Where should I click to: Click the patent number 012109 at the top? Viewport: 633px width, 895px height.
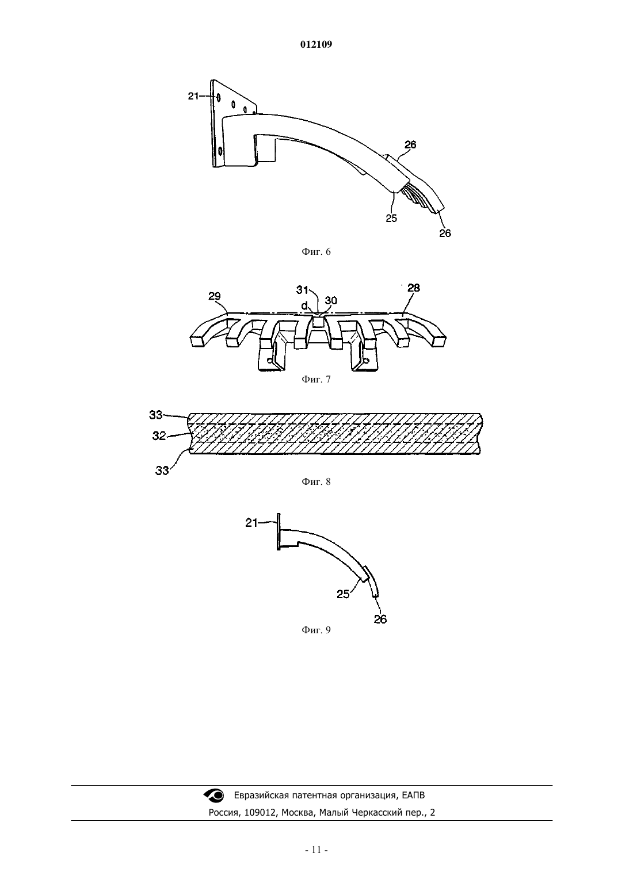pyautogui.click(x=316, y=44)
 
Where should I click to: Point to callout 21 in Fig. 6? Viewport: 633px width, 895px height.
pyautogui.click(x=193, y=96)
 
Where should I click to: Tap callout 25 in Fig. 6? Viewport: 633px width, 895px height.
pyautogui.click(x=391, y=218)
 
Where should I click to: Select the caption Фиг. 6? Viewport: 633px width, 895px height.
pyautogui.click(x=316, y=252)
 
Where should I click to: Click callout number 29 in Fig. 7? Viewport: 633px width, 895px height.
pyautogui.click(x=215, y=296)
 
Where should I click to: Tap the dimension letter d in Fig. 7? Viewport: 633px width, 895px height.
pyautogui.click(x=304, y=305)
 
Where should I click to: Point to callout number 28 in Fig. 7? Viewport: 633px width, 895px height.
pyautogui.click(x=414, y=288)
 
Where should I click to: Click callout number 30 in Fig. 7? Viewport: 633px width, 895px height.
pyautogui.click(x=331, y=300)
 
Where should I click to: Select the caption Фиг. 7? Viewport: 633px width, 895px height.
pyautogui.click(x=316, y=379)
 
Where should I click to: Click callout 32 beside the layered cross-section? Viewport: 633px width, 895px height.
pyautogui.click(x=159, y=436)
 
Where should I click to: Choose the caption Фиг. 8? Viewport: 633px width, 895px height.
pyautogui.click(x=316, y=481)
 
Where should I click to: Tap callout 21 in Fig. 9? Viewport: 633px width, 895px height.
pyautogui.click(x=251, y=523)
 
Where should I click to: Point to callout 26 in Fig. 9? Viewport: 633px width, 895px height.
pyautogui.click(x=380, y=619)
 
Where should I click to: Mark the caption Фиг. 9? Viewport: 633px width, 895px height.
pyautogui.click(x=316, y=630)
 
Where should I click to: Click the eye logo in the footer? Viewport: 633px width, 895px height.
pyautogui.click(x=214, y=795)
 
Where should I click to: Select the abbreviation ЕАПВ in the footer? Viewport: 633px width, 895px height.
pyautogui.click(x=413, y=795)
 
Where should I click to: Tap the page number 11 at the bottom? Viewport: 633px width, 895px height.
pyautogui.click(x=316, y=850)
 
